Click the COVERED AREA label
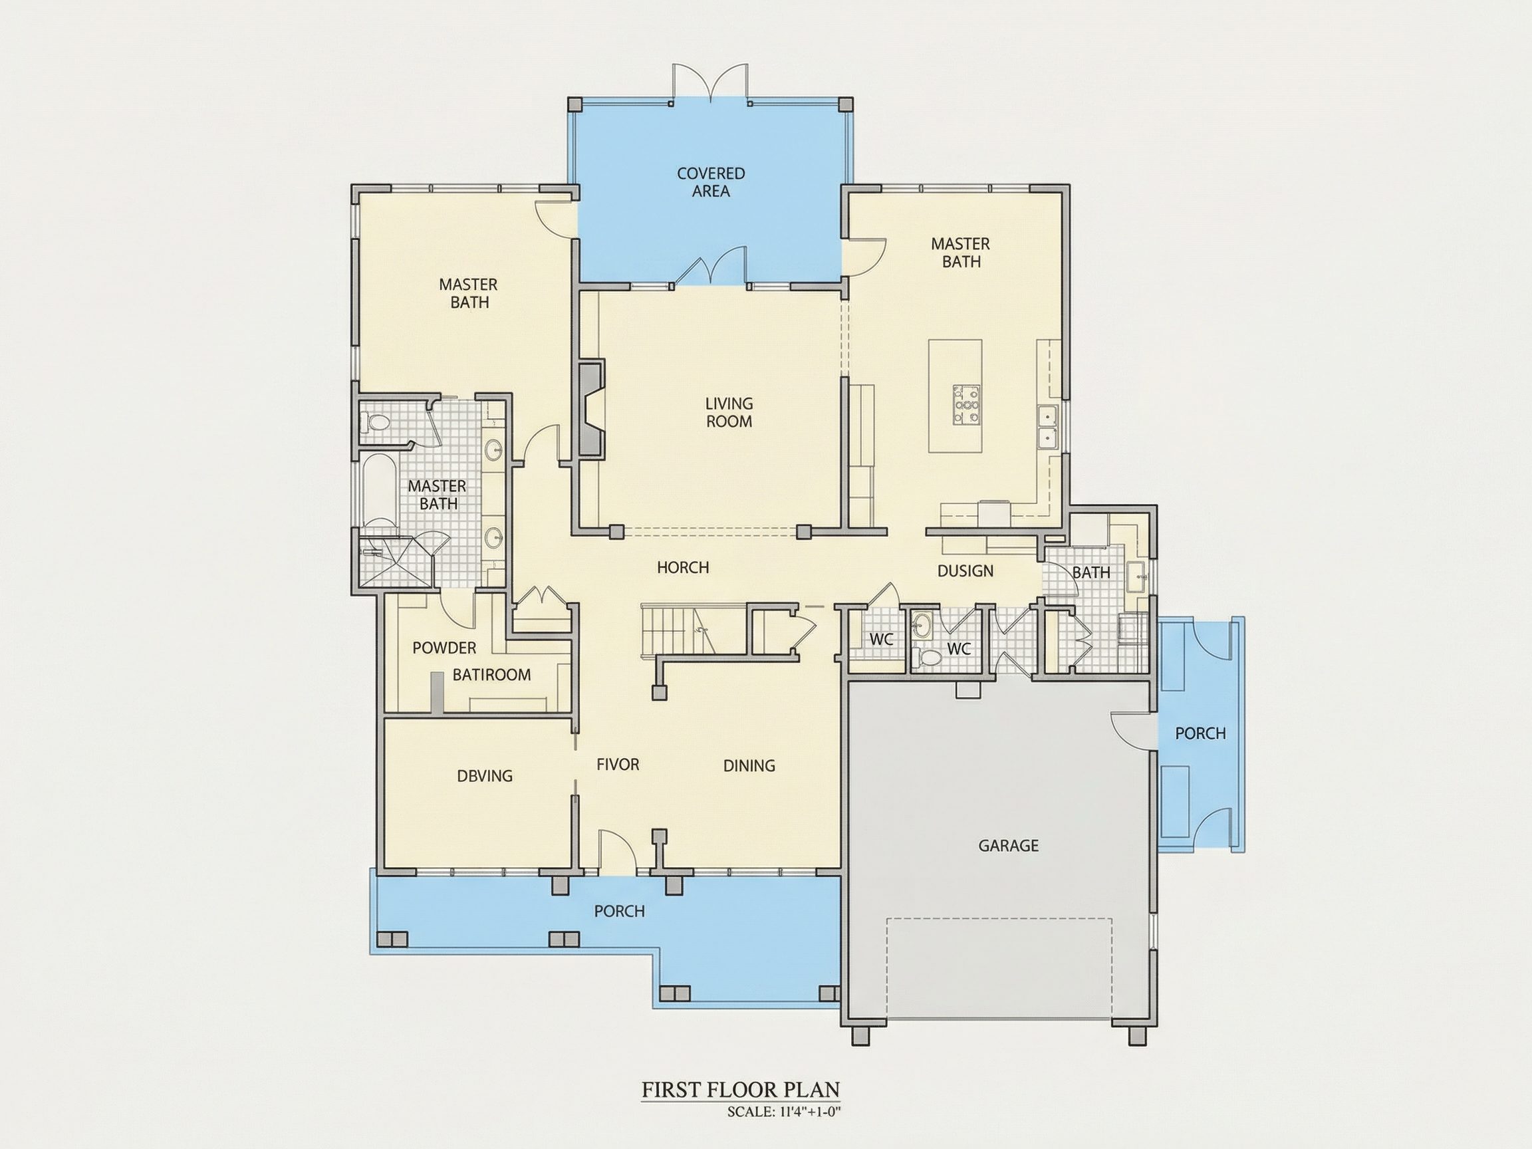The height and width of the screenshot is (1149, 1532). point(711,182)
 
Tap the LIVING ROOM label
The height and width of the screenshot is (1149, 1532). point(729,412)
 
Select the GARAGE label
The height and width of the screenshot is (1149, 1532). point(1009,845)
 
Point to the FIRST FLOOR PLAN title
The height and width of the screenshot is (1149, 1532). point(740,1089)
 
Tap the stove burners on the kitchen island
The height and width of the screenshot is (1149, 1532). point(966,404)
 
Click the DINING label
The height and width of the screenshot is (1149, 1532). point(749,765)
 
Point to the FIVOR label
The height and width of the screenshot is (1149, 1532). point(618,764)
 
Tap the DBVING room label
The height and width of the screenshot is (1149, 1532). point(485,776)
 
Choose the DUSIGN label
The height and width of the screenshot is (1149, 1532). point(965,571)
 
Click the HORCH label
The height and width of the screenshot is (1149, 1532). point(683,567)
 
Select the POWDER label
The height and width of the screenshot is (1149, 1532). point(445,648)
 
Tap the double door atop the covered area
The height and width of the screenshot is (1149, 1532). point(711,84)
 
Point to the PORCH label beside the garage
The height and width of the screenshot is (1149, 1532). point(1200,733)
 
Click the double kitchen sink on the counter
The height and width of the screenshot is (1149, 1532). point(1048,428)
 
